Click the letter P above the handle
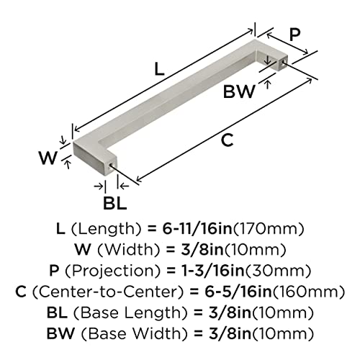pyautogui.click(x=294, y=35)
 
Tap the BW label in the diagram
pyautogui.click(x=239, y=91)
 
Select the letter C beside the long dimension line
pyautogui.click(x=227, y=140)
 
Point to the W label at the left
pyautogui.click(x=48, y=158)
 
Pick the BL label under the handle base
pyautogui.click(x=114, y=203)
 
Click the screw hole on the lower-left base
pyautogui.click(x=111, y=166)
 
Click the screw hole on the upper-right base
pyautogui.click(x=284, y=62)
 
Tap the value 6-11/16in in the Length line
pyautogui.click(x=197, y=228)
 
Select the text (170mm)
pyautogui.click(x=269, y=229)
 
